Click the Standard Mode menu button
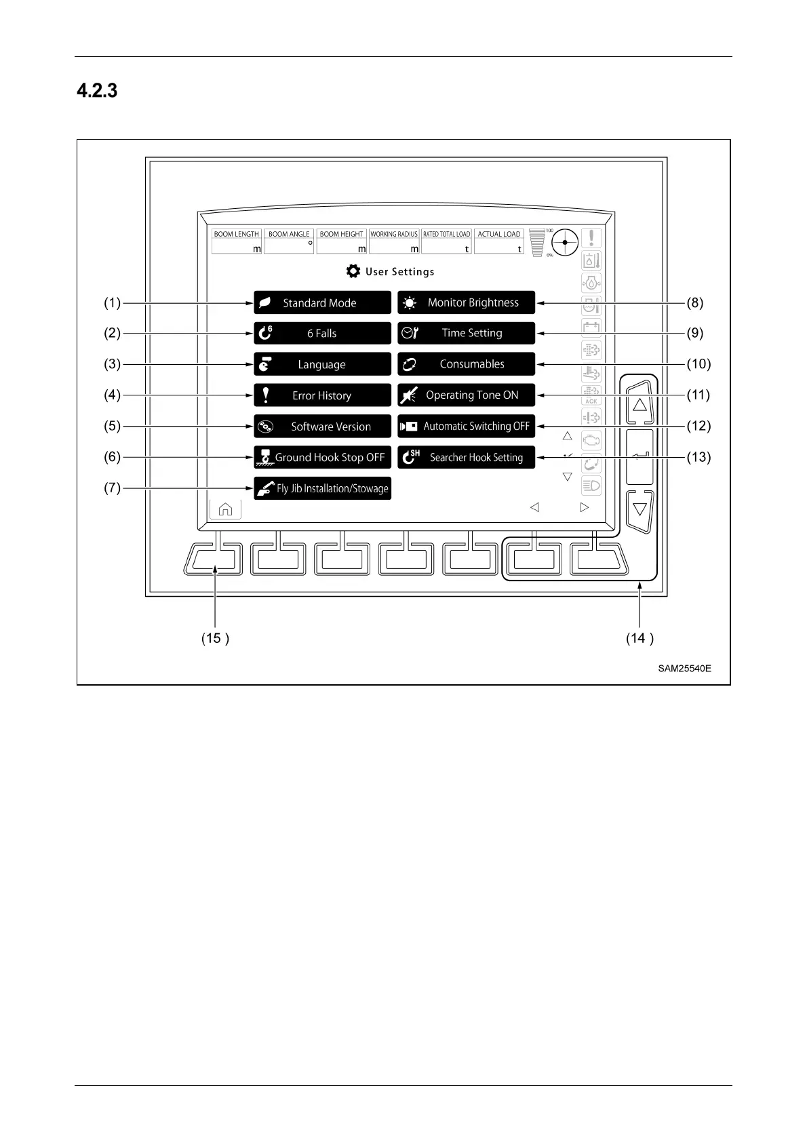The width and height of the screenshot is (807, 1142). pos(322,302)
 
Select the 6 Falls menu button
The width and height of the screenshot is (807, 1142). pos(322,333)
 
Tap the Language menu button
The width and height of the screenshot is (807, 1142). pos(322,364)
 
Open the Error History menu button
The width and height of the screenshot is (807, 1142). pos(322,395)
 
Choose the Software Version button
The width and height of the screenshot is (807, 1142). pos(322,427)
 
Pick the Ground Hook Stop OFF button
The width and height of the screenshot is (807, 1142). pos(322,457)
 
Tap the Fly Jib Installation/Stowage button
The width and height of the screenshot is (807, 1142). pos(322,488)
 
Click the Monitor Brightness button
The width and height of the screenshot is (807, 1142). pos(466,302)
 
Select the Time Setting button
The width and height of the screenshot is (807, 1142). pos(466,333)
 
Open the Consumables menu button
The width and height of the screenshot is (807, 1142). pos(466,364)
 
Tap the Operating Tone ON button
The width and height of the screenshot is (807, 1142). pos(466,395)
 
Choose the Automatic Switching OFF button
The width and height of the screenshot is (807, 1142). pos(466,427)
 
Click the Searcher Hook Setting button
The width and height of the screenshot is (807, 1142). pos(466,457)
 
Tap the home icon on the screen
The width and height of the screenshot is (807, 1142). pos(225,509)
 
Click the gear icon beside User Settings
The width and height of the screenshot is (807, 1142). pos(353,271)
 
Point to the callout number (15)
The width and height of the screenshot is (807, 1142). pos(215,638)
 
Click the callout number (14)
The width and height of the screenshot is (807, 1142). pos(639,638)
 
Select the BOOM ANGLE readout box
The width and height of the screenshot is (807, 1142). pos(289,241)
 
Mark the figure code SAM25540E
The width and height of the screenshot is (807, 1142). pos(684,669)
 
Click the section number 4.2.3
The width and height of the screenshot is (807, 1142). pos(97,91)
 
